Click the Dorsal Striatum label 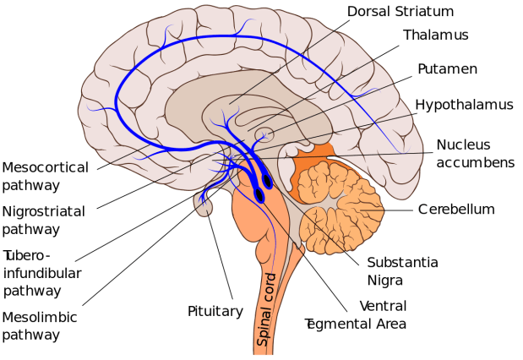400,12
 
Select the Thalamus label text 434,35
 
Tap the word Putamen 448,68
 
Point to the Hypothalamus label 464,105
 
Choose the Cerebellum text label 455,209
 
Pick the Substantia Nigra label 402,270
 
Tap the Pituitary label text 215,311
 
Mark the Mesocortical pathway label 44,174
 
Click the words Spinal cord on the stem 271,303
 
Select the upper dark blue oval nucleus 268,180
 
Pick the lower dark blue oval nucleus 259,195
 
